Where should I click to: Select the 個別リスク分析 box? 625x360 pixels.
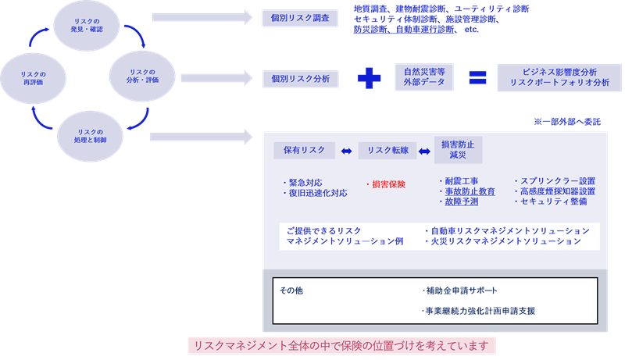tap(300, 78)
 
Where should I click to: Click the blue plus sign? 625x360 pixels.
tap(369, 78)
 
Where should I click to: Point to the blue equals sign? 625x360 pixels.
tap(477, 78)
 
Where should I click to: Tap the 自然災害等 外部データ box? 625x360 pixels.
tap(425, 78)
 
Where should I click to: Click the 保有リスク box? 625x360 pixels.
tap(304, 150)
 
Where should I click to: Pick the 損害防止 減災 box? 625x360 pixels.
tap(458, 150)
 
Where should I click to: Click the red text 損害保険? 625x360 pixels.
tap(386, 184)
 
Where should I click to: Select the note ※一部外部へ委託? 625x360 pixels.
tap(566, 122)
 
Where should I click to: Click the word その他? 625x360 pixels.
tap(291, 290)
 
